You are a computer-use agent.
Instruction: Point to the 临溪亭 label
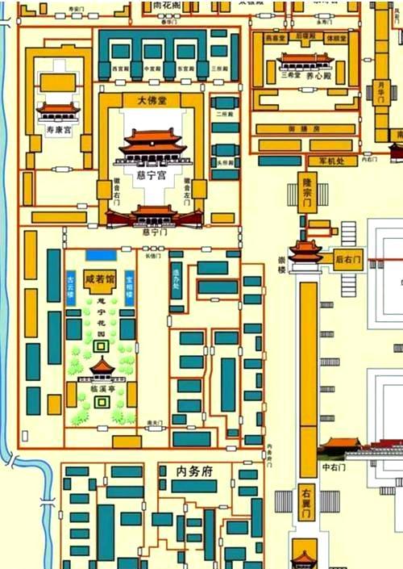[102, 388]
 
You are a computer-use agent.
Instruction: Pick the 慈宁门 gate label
[153, 231]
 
